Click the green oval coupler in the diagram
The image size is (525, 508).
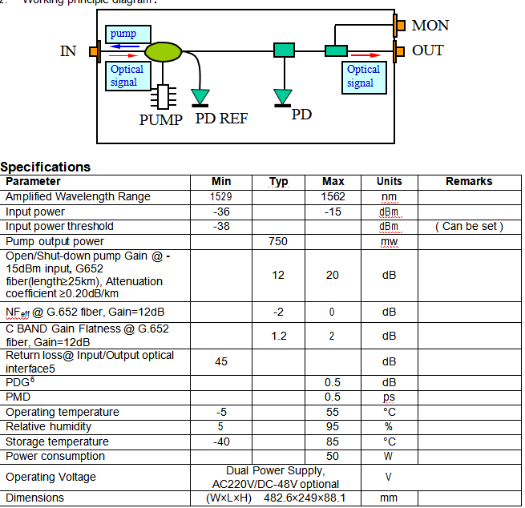point(163,52)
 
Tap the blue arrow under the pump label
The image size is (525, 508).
point(124,46)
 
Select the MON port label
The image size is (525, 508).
point(430,26)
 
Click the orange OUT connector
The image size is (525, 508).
point(398,51)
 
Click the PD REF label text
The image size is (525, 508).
point(221,119)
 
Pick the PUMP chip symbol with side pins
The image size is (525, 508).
point(163,97)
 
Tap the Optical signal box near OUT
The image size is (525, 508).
point(364,78)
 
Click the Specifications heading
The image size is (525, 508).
point(46,167)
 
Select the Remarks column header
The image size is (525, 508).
point(469,181)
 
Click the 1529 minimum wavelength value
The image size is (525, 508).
point(221,196)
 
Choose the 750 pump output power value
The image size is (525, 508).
point(278,241)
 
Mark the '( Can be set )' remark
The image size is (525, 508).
point(469,227)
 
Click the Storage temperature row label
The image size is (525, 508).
point(57,441)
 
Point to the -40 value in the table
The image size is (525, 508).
point(221,441)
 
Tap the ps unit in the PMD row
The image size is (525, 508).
point(389,397)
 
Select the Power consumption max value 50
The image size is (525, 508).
point(333,457)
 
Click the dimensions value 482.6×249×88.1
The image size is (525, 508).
point(305,498)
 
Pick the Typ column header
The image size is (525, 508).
point(279,181)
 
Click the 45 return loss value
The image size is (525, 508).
point(221,361)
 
